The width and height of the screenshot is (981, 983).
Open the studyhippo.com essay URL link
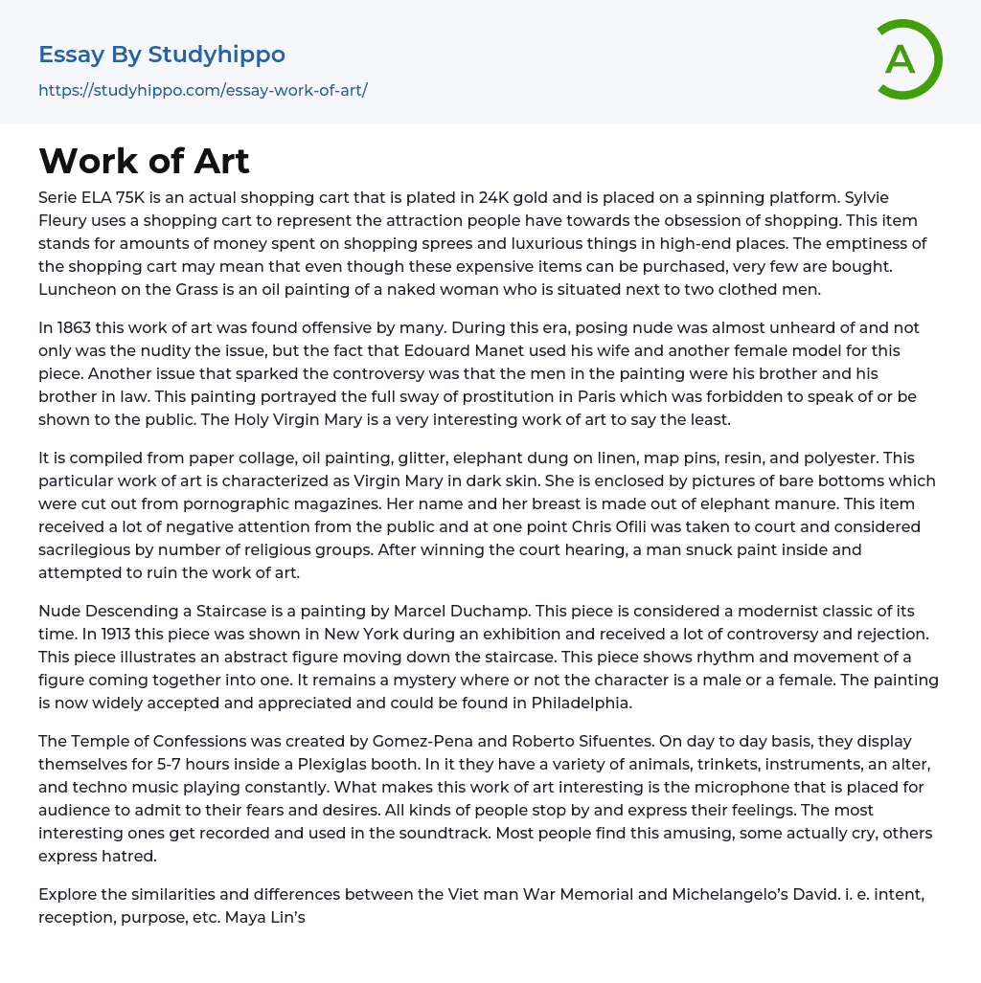[x=202, y=91]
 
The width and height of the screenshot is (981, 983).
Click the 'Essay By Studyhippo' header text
[x=162, y=55]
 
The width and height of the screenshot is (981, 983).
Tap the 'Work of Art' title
[x=144, y=161]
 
